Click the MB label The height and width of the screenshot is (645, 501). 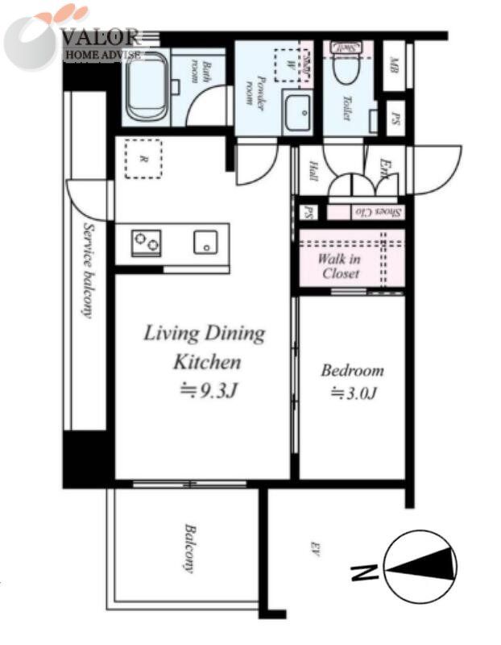point(395,64)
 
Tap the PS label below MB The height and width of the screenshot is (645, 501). point(395,119)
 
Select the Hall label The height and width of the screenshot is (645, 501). point(312,172)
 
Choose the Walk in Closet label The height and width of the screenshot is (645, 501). point(339,266)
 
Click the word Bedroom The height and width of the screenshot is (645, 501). point(352,371)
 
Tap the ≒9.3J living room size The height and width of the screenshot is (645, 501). point(204,389)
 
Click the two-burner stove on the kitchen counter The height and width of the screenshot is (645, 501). point(146,243)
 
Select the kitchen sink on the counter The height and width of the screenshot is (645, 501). point(205,242)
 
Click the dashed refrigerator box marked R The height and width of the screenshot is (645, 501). point(143,159)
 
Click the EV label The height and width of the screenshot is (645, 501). point(316,550)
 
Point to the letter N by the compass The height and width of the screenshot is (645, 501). point(364,573)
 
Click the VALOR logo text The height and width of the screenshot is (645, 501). point(100,37)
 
